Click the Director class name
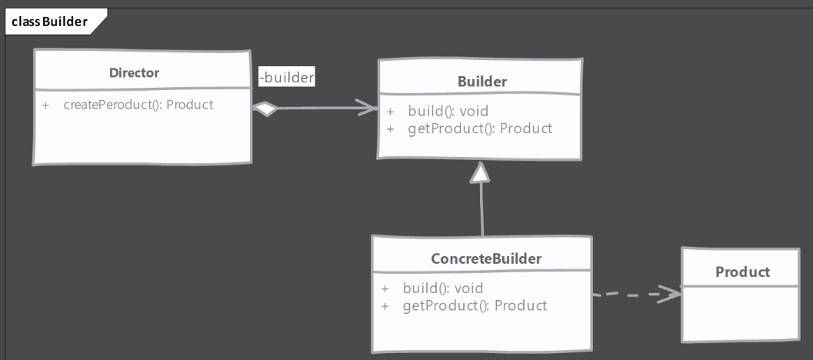(134, 73)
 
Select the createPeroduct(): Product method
(138, 105)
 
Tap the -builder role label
(286, 78)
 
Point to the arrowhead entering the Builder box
(370, 108)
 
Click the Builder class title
(482, 81)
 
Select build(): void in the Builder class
(448, 112)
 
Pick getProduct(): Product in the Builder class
(480, 128)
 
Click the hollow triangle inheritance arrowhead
(481, 174)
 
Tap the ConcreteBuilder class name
(486, 258)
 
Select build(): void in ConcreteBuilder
(442, 288)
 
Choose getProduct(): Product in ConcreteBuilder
(475, 305)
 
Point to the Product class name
(742, 272)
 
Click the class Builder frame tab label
(49, 21)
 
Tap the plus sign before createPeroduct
(46, 105)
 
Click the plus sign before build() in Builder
(391, 112)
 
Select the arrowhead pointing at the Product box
(672, 293)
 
